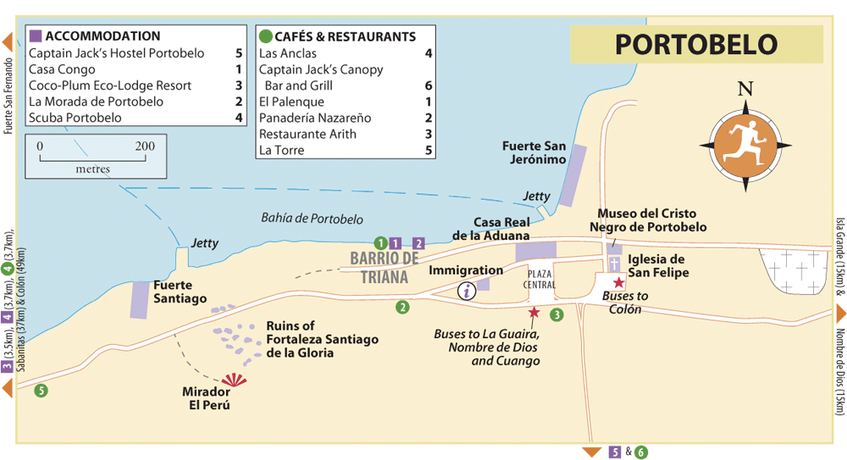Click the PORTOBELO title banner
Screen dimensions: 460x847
coord(696,44)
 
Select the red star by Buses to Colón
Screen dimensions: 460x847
coord(619,282)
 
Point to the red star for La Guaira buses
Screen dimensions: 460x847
coord(534,313)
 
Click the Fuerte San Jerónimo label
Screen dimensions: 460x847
coord(534,152)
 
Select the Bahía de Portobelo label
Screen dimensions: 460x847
coord(312,219)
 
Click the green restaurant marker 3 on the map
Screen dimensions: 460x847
coord(556,316)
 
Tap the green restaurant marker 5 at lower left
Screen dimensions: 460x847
coord(40,391)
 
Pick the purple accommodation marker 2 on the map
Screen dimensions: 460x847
coord(418,244)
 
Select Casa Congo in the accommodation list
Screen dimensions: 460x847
coord(63,69)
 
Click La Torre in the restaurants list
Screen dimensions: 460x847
coord(281,150)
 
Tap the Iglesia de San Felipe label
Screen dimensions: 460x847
coord(657,266)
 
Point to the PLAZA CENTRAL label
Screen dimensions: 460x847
coord(540,280)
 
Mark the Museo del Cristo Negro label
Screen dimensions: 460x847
coord(652,220)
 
